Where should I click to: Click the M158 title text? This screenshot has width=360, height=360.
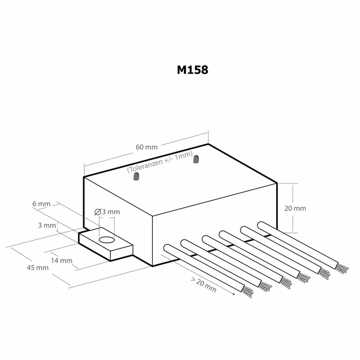(192, 70)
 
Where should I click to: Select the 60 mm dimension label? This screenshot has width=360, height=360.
(147, 147)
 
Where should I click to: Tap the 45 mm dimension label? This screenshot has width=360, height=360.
(37, 268)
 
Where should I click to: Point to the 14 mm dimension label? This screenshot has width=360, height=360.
(62, 260)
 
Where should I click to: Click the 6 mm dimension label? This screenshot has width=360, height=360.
(41, 204)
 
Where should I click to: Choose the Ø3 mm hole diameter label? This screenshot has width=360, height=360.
(107, 212)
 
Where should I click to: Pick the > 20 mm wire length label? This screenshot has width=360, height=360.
(204, 285)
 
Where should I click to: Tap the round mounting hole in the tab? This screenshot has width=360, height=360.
(107, 240)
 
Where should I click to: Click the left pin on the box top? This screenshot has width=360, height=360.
(136, 176)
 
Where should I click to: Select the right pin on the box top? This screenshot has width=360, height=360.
(196, 159)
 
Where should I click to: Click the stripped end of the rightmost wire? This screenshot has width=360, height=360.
(342, 269)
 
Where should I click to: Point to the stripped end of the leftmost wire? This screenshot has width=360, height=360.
(248, 292)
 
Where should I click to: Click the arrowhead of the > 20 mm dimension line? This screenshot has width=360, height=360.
(234, 294)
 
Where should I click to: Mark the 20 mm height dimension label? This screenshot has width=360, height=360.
(295, 209)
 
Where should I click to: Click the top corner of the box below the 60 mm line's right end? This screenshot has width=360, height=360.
(208, 144)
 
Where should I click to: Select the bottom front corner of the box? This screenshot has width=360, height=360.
(152, 266)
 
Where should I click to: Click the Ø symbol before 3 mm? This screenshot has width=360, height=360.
(98, 212)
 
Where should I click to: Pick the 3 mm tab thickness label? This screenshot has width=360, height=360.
(47, 226)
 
